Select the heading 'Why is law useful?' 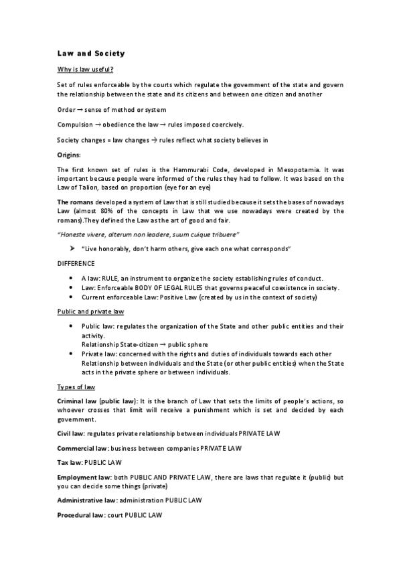[84, 69]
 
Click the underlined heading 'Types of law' [76, 386]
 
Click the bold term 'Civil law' [70, 434]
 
